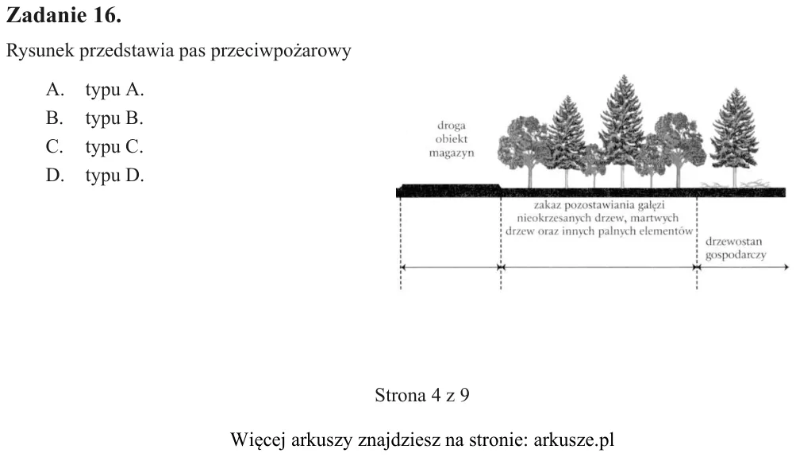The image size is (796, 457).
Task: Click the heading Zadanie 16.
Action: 64,15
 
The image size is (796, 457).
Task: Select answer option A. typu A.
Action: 95,90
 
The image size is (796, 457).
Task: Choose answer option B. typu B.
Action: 94,118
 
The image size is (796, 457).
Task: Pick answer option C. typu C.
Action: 94,147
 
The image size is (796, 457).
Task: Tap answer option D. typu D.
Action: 95,176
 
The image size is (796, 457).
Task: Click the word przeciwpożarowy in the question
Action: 280,52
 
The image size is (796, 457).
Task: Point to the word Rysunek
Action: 40,51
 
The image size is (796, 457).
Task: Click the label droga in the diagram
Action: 452,126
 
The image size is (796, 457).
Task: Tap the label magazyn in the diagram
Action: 452,153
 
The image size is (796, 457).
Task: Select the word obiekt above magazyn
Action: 452,139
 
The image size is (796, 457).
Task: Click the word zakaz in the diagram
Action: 547,205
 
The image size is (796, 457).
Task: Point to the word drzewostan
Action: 733,242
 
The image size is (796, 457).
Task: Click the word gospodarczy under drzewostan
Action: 736,254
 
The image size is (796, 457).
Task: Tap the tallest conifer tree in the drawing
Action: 623,130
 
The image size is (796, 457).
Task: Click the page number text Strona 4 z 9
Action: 422,395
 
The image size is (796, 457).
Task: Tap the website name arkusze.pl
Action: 574,440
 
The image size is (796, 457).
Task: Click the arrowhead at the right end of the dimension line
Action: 786,267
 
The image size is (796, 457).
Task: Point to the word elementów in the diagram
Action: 667,231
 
